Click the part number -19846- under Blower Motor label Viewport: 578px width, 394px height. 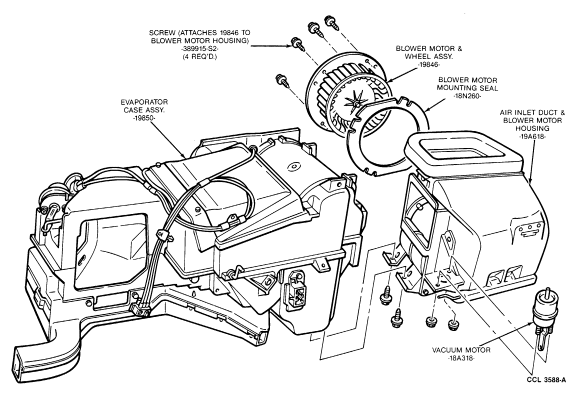(429, 65)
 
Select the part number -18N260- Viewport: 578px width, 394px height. (467, 96)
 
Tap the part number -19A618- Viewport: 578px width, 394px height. (532, 136)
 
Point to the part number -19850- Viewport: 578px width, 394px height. (144, 118)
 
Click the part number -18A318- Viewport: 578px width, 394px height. (461, 358)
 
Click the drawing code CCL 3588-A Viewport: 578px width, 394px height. (546, 380)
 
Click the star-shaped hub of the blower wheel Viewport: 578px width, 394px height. (353, 103)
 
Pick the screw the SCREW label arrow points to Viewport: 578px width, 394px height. (297, 44)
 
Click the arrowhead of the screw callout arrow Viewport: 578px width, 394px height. (289, 46)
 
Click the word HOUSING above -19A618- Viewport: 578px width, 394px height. (532, 128)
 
